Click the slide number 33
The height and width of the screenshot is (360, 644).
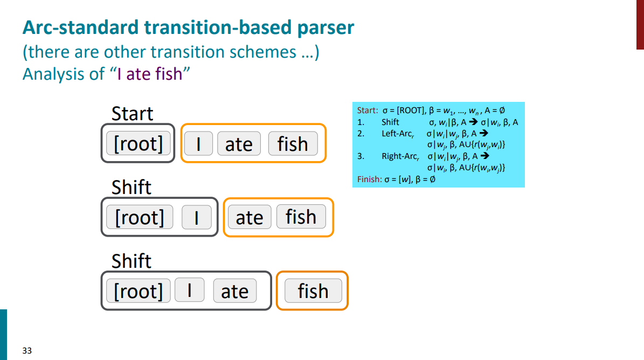tap(27, 351)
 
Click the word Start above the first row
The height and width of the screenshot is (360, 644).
tap(132, 114)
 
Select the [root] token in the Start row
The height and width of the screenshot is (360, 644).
tap(138, 144)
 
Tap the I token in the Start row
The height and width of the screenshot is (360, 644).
tap(198, 144)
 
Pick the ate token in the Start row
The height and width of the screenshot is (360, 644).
tap(239, 144)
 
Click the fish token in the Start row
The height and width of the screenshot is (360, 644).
tap(293, 144)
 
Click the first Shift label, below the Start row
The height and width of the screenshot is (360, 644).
tap(131, 188)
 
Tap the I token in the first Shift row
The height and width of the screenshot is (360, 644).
tap(196, 217)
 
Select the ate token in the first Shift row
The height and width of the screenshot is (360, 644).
tap(250, 217)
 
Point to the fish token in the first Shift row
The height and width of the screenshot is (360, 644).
tap(301, 217)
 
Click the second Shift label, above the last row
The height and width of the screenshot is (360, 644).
tap(131, 261)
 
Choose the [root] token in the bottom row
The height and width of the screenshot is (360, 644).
tap(138, 291)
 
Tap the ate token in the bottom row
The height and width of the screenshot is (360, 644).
tap(234, 291)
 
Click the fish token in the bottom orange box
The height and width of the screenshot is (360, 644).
tap(313, 291)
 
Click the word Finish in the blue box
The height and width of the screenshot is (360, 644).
tap(369, 179)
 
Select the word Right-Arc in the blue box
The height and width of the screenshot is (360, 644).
tap(399, 156)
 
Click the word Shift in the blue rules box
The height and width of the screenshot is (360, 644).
tap(390, 122)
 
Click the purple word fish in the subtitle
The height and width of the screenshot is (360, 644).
tap(169, 73)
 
